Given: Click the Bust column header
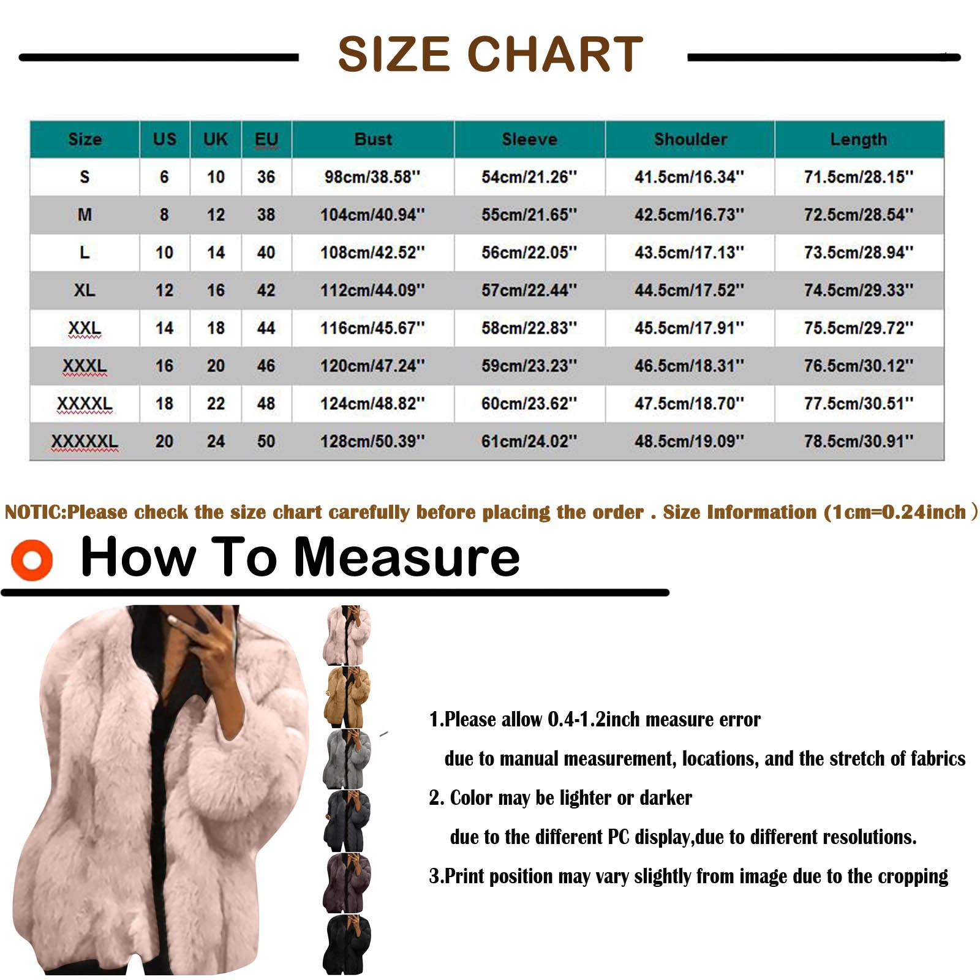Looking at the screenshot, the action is [373, 139].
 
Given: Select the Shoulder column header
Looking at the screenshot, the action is [690, 139].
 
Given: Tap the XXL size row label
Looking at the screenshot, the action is [85, 328].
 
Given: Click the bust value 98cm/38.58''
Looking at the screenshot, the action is [372, 177].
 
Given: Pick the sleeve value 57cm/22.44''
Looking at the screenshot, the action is [529, 290].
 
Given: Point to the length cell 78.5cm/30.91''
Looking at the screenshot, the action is [859, 442].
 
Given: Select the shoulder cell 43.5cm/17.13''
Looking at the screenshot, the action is [690, 252].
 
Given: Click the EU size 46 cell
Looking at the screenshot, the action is [266, 366].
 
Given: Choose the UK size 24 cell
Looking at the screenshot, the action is [216, 442].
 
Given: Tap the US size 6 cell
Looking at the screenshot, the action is [164, 177].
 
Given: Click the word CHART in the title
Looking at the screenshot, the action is [556, 54].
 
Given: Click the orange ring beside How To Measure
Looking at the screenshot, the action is [32, 560].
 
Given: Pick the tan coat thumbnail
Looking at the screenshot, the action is [347, 698].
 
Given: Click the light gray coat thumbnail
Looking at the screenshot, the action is [347, 759].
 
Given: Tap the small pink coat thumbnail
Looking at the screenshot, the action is [347, 635].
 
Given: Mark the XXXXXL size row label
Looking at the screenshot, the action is [85, 442].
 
